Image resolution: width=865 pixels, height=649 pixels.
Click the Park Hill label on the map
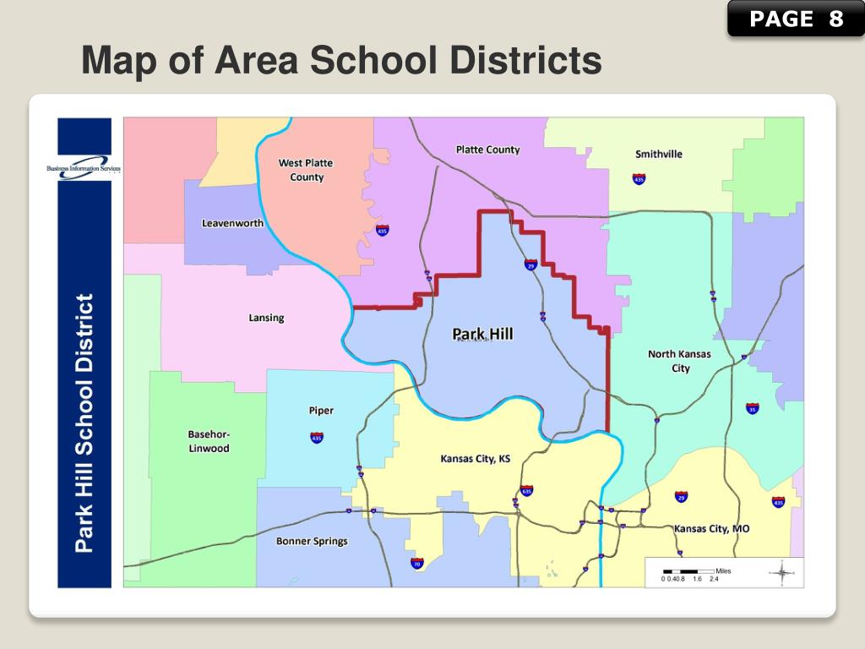[482, 334]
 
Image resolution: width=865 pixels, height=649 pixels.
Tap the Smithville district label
[659, 154]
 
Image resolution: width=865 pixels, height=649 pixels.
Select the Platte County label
[487, 150]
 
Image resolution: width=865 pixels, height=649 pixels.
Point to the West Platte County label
[306, 170]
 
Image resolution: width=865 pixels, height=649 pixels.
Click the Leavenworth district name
[232, 223]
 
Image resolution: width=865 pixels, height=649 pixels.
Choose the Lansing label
[266, 318]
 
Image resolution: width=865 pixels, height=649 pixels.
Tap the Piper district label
[320, 411]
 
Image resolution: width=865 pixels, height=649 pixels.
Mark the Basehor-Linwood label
[209, 441]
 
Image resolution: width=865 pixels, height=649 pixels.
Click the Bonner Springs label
[312, 541]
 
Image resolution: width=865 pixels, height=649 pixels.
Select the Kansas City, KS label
[476, 459]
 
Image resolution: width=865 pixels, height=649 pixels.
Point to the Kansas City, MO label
[711, 528]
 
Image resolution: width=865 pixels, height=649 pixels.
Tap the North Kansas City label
[680, 361]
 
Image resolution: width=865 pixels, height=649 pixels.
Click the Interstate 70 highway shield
[416, 563]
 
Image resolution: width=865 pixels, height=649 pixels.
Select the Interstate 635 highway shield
[527, 490]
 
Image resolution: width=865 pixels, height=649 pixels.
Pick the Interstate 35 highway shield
[752, 409]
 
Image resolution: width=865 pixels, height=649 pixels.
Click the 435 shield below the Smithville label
[639, 179]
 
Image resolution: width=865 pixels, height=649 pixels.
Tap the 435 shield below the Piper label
[316, 437]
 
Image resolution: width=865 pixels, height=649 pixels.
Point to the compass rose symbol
[782, 573]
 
